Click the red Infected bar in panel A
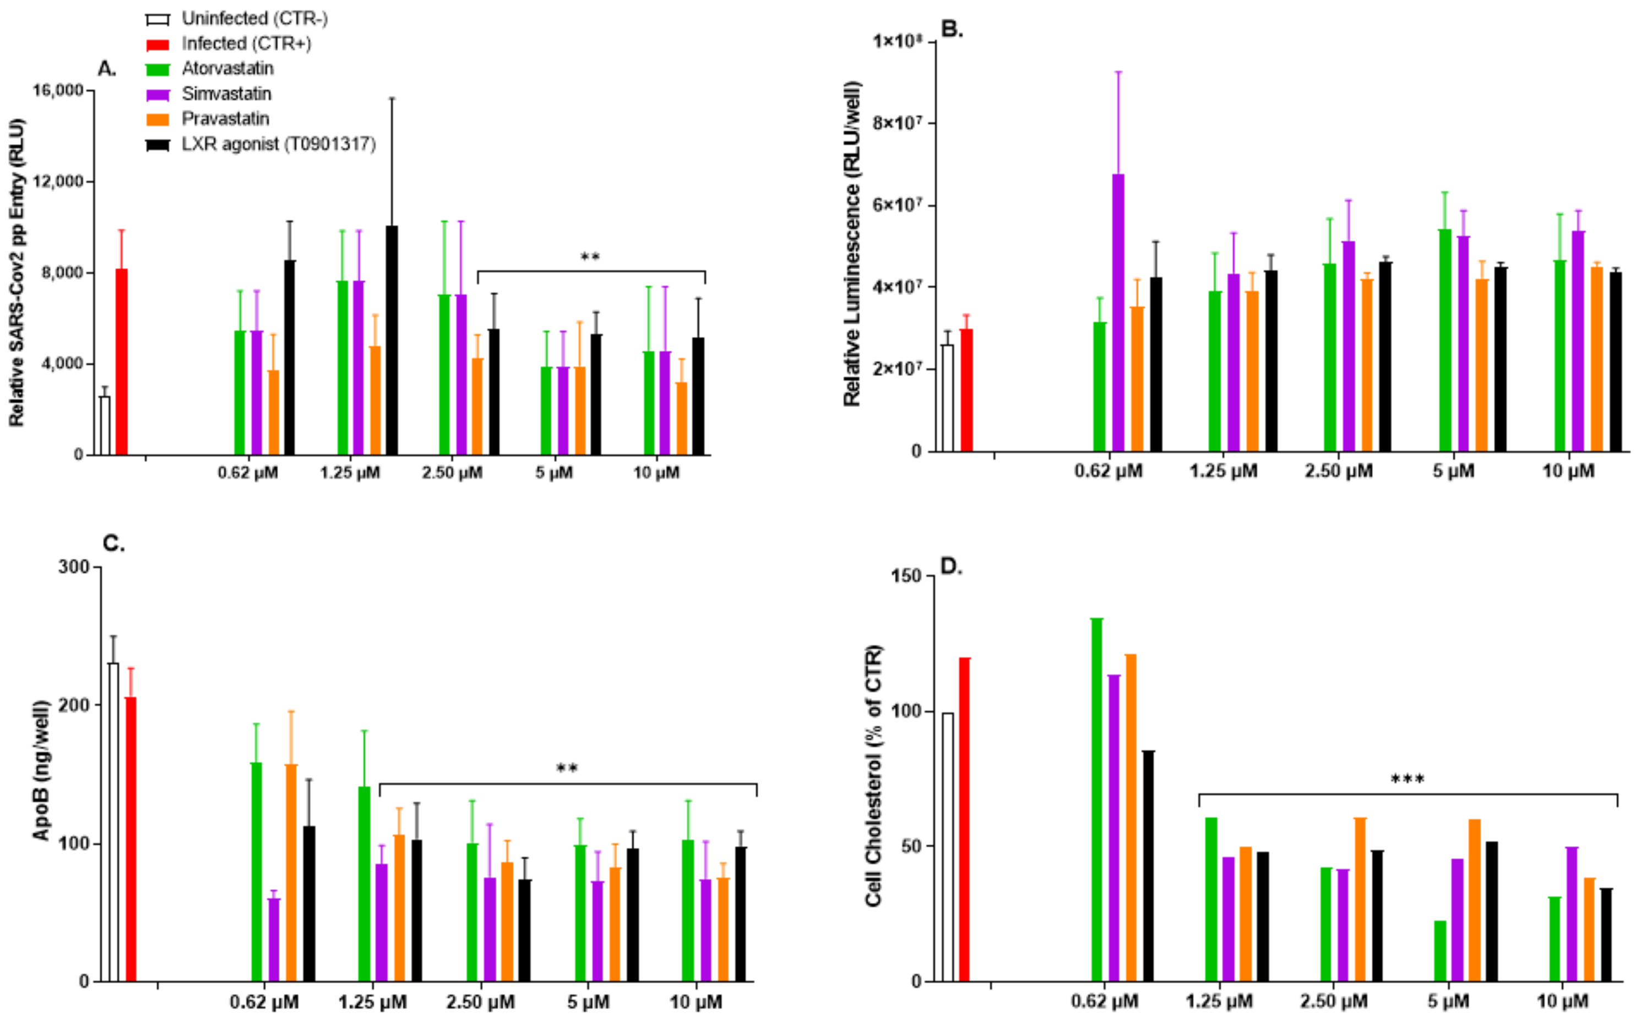point(121,362)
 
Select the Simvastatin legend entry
point(226,94)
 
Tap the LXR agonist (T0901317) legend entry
point(278,144)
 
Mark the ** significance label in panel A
point(590,257)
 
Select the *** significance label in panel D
point(1408,780)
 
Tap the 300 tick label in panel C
point(74,567)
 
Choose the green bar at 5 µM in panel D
point(1440,951)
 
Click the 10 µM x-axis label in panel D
point(1562,1000)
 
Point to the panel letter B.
point(952,30)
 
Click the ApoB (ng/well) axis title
point(42,771)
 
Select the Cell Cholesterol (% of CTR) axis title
point(874,776)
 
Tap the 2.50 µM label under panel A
point(452,473)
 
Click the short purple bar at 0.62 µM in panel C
point(274,939)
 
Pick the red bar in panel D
point(964,819)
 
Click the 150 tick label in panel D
point(905,576)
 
